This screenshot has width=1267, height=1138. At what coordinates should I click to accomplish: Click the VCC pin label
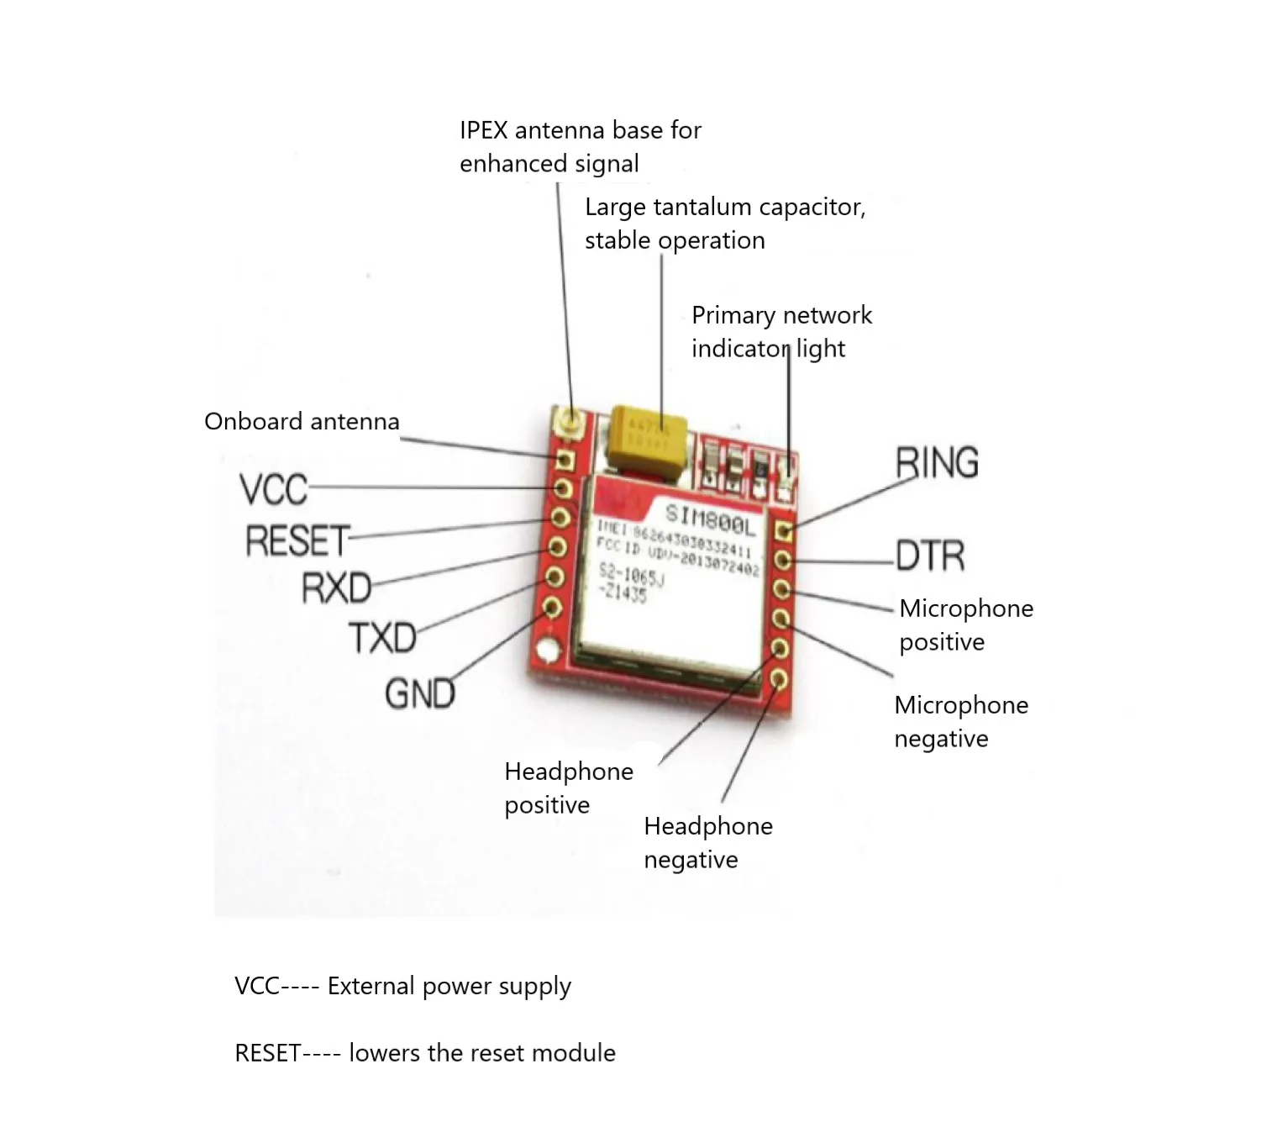click(273, 489)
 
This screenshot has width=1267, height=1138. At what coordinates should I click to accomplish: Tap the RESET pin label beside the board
click(297, 540)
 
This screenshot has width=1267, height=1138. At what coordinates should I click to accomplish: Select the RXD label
click(336, 587)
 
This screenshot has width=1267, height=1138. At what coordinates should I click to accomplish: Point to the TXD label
click(382, 638)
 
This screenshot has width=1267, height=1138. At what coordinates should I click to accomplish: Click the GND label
click(420, 694)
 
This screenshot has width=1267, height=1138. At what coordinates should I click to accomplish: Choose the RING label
click(937, 463)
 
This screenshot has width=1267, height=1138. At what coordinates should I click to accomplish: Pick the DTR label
click(930, 556)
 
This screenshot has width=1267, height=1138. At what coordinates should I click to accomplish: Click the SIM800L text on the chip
click(710, 520)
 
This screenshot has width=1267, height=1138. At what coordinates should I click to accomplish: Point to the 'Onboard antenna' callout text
click(302, 421)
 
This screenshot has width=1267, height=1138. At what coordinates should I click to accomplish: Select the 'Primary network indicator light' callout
click(781, 331)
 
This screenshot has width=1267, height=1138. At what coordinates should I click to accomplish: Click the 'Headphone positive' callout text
click(568, 788)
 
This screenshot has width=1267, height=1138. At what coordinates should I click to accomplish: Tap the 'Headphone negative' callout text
click(707, 842)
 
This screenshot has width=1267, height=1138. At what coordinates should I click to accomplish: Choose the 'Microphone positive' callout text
click(965, 624)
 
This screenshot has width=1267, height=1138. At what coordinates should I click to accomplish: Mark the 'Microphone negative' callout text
click(960, 721)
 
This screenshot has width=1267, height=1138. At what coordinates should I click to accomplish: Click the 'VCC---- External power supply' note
click(402, 986)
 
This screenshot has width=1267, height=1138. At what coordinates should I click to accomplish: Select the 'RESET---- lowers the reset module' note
click(424, 1053)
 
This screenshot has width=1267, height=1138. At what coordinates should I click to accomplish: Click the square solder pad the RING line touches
click(783, 531)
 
